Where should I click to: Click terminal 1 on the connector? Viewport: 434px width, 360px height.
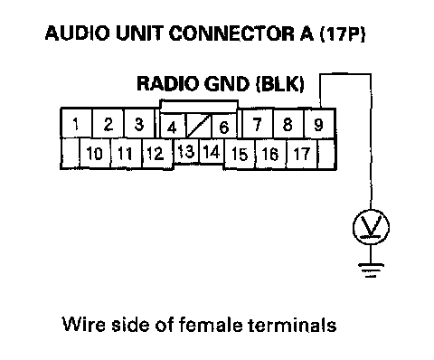tap(77, 124)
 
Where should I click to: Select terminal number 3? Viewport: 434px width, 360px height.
tap(139, 124)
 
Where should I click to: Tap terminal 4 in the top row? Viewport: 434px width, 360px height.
tap(172, 127)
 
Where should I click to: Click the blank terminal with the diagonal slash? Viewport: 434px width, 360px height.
tap(199, 127)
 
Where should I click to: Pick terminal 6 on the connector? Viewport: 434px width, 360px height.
tap(224, 127)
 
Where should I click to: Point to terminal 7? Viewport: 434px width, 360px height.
tap(257, 124)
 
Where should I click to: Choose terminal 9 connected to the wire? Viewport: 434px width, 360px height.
tap(319, 124)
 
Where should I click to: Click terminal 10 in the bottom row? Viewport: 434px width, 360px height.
tap(95, 153)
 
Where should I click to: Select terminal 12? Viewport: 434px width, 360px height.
tap(156, 153)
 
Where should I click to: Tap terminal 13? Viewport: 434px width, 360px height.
tap(186, 151)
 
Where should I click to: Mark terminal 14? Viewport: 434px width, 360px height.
tap(212, 151)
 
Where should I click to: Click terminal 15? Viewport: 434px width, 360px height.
tap(241, 153)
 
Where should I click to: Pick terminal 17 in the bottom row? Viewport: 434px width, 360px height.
tap(302, 153)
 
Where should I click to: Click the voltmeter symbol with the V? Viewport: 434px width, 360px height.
tap(371, 227)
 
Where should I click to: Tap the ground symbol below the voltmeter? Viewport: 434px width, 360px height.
tap(371, 270)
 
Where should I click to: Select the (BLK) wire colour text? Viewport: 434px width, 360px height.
tap(279, 83)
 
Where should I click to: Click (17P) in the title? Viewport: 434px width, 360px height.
tap(342, 33)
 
